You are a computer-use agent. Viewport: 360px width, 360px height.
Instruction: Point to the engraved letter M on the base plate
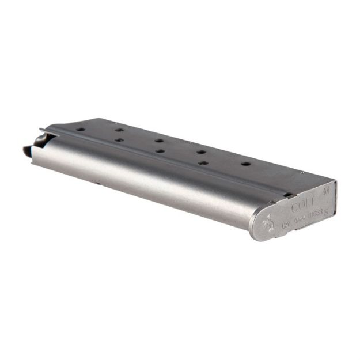(327, 188)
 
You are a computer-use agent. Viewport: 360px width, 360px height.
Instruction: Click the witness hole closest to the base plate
(245, 164)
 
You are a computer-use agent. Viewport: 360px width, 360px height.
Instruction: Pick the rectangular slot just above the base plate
(286, 195)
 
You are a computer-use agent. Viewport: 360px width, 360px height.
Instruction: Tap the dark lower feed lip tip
(26, 152)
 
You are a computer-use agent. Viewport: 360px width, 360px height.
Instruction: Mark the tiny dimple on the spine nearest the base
(301, 172)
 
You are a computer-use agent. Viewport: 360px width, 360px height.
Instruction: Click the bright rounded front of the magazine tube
(144, 179)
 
